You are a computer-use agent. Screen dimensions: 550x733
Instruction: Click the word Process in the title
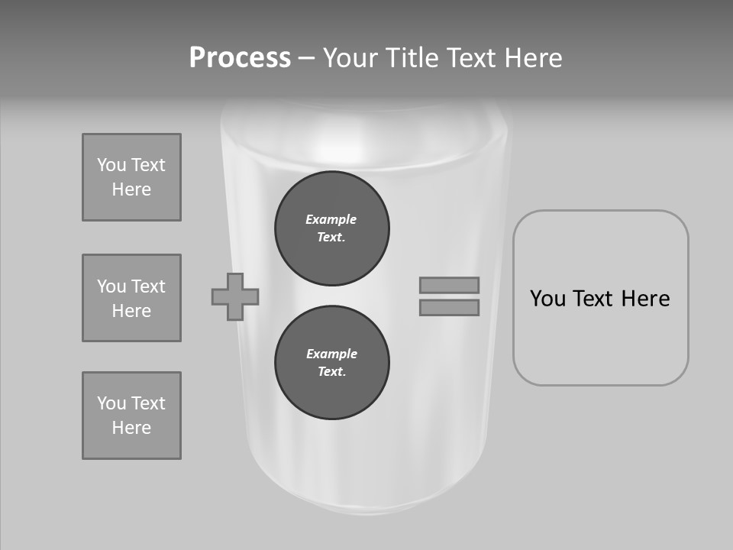pos(240,58)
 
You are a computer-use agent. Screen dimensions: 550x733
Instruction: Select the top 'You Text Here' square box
pos(131,177)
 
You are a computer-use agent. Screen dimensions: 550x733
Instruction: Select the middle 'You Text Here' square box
pos(131,298)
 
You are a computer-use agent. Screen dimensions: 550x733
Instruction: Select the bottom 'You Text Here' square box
pos(131,416)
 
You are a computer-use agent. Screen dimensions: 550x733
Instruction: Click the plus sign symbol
pos(235,296)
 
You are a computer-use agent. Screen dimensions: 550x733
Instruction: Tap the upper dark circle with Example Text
pos(332,228)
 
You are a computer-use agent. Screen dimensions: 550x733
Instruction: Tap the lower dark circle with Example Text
pos(332,363)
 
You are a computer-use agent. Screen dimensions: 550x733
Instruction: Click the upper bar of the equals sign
pos(449,285)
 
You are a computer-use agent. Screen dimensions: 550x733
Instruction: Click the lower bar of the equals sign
pos(449,308)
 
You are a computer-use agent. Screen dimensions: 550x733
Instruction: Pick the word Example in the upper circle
pos(331,220)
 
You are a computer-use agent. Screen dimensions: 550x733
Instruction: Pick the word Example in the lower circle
pos(331,354)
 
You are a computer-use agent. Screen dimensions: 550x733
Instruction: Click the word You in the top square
pos(111,165)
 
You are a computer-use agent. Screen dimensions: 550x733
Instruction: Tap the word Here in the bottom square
pos(131,428)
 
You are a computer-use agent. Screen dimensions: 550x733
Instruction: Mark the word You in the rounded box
pos(547,299)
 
